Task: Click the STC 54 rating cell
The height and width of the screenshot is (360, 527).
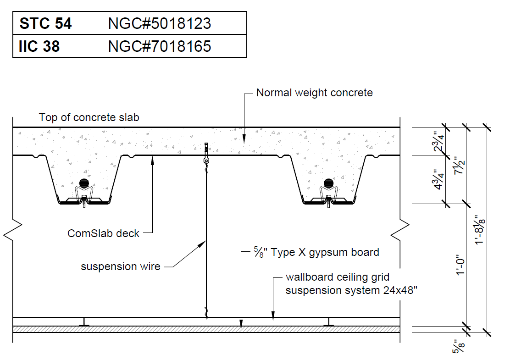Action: pos(45,23)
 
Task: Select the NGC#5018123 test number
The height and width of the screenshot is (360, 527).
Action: pos(159,23)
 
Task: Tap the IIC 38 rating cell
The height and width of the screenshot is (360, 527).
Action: pos(39,46)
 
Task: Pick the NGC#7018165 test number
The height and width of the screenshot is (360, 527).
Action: pos(159,46)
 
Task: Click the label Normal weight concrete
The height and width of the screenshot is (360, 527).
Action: pos(314,93)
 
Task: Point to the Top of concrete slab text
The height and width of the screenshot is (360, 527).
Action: pos(89,117)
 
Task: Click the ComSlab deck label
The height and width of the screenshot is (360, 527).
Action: pos(103,233)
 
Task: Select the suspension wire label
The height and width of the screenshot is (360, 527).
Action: pos(121,266)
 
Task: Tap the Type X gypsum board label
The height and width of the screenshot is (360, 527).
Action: pos(317,252)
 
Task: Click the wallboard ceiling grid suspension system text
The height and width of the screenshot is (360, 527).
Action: pos(351,284)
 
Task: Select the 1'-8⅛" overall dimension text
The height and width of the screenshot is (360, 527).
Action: pos(480,229)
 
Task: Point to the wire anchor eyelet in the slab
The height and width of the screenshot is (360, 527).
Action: pos(207,161)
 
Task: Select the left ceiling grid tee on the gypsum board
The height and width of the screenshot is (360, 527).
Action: pos(84,322)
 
